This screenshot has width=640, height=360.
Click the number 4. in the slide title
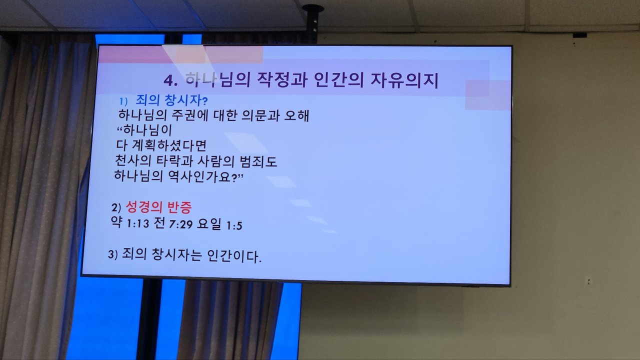(x=170, y=81)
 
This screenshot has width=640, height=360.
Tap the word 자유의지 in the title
(x=404, y=80)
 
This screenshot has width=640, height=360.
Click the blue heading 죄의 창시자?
(x=171, y=100)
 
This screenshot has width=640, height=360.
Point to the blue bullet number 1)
(x=123, y=101)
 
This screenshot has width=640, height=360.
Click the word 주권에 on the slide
(x=189, y=115)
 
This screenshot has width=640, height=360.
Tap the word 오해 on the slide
(x=296, y=115)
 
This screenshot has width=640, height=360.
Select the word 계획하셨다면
(x=169, y=145)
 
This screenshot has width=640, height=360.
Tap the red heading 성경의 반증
(x=158, y=207)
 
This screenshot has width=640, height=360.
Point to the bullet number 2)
(x=116, y=207)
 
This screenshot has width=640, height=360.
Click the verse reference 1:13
(x=137, y=223)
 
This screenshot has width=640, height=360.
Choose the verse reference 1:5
(x=234, y=226)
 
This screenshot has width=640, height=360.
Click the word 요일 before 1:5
(x=209, y=223)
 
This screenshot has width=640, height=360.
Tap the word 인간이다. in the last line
(x=234, y=255)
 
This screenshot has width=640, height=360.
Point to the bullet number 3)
(x=113, y=254)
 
